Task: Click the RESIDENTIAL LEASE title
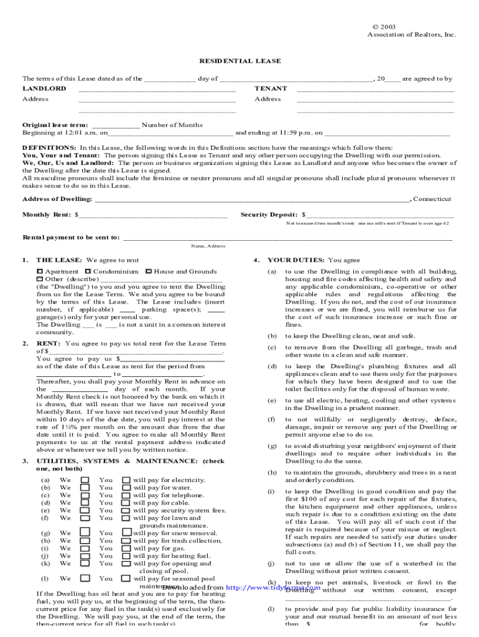[x=240, y=61]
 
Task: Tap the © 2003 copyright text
[x=384, y=27]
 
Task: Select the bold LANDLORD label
[x=44, y=89]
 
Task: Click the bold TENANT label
[x=271, y=89]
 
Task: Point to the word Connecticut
[x=432, y=199]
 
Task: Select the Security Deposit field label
[x=269, y=215]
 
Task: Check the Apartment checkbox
[x=39, y=272]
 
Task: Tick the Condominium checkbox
[x=88, y=272]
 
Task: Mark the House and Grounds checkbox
[x=148, y=272]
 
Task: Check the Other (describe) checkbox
[x=39, y=279]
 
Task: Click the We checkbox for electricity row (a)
[x=85, y=480]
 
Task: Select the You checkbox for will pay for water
[x=126, y=488]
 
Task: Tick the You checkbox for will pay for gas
[x=126, y=548]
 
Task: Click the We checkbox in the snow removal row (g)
[x=85, y=532]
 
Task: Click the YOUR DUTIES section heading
[x=296, y=260]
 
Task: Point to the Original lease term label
[x=55, y=125]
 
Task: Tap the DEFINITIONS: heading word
[x=50, y=148]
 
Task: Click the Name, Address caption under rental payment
[x=208, y=246]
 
